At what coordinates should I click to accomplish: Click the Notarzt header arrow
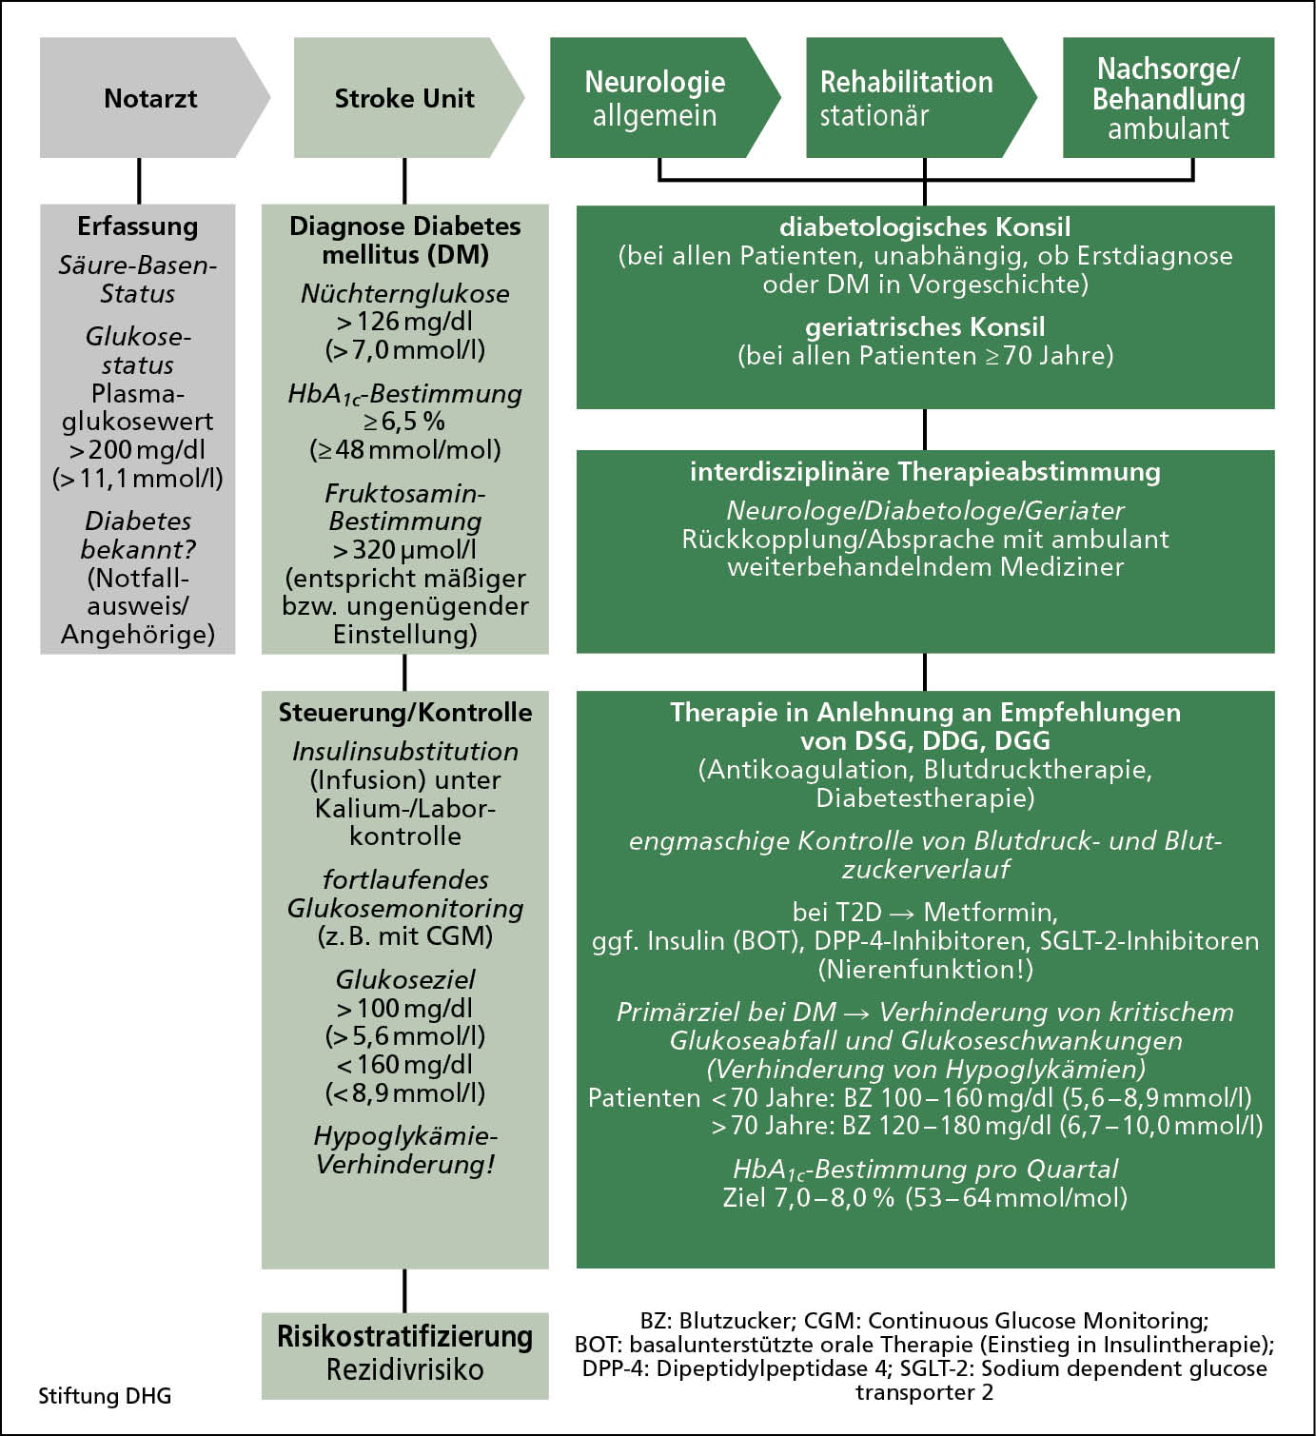[x=150, y=98]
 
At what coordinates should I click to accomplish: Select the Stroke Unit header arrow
[x=404, y=98]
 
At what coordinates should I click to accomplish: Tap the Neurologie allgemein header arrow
[x=655, y=98]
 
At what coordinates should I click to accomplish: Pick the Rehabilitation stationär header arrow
[x=907, y=98]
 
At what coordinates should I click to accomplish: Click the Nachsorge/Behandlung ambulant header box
[x=1168, y=98]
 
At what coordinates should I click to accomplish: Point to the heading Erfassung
[x=138, y=226]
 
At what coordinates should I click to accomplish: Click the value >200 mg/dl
[x=137, y=450]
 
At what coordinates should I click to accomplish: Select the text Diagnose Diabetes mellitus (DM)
[x=405, y=240]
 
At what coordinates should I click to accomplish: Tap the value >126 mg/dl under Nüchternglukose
[x=404, y=322]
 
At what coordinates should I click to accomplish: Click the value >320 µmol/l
[x=404, y=550]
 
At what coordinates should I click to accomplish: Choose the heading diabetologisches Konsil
[x=925, y=227]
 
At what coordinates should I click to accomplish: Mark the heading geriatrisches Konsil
[x=925, y=327]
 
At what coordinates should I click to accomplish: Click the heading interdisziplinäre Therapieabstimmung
[x=925, y=472]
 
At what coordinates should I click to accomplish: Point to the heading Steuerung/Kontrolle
[x=405, y=713]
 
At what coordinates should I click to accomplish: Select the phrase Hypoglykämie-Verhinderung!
[x=405, y=1150]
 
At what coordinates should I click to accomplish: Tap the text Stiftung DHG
[x=105, y=1396]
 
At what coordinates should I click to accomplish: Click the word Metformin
[x=990, y=913]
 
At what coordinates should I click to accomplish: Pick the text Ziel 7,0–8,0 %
[x=809, y=1197]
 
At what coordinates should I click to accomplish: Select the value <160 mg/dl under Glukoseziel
[x=404, y=1065]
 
